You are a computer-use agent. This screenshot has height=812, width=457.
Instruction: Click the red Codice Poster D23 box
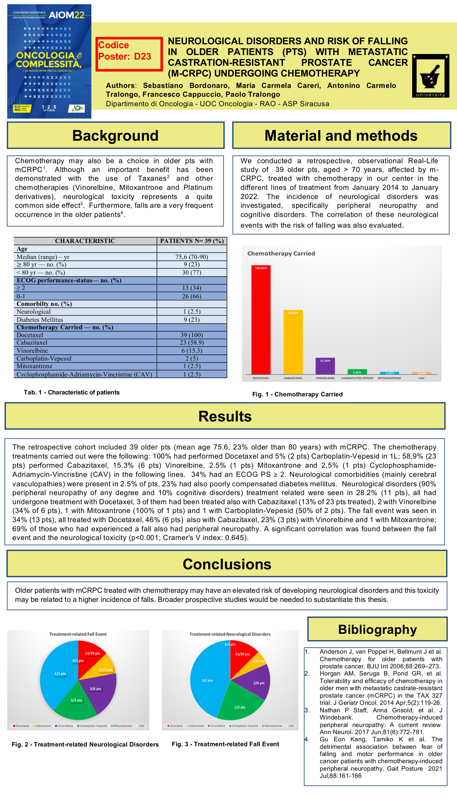coord(129,54)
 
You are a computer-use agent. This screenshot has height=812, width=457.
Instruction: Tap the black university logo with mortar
coord(431,76)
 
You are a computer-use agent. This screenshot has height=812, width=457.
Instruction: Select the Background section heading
coord(115,135)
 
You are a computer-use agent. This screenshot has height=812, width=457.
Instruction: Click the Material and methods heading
coord(341,135)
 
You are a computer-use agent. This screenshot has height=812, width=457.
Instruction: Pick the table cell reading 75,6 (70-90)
coord(192,257)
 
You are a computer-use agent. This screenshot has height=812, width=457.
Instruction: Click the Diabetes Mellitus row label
coord(40,320)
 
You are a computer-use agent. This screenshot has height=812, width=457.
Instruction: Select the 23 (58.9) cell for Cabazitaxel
coord(192,343)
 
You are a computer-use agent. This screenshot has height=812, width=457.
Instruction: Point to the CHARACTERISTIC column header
coord(85,241)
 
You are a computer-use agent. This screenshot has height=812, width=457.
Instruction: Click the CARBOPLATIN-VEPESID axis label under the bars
coord(357,378)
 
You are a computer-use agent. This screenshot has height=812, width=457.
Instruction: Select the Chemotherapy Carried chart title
coord(281,253)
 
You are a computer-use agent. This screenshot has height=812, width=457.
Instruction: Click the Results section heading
coord(225,416)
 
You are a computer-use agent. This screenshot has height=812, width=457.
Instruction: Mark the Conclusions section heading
coord(227,564)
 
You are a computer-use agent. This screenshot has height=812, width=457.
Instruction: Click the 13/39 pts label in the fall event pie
coord(93,653)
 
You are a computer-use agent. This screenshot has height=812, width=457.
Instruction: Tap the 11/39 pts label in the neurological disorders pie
coord(243,654)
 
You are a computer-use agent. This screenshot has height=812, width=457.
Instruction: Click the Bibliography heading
coord(377,629)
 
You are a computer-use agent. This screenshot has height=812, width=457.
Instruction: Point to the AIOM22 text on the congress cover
coord(66,15)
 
